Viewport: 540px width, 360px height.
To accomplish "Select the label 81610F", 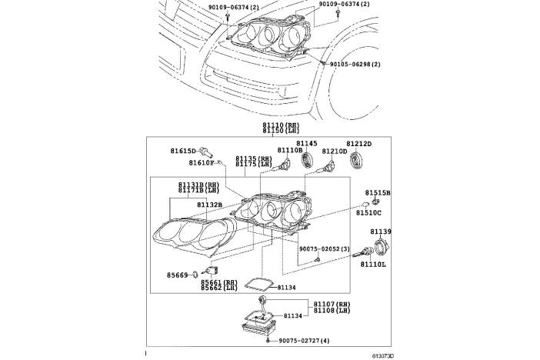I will pos(202,162).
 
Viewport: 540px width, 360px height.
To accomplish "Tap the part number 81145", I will pos(308,144).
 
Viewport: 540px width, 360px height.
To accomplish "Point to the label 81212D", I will pos(358,144).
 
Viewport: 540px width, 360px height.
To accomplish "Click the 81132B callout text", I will pos(208,205).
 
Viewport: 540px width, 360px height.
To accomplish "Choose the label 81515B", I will pos(378,192).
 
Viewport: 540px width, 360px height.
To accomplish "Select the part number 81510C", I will pos(368,212).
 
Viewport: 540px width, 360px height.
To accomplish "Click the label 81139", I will pos(381,232).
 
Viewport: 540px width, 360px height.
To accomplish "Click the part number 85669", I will pos(178,274).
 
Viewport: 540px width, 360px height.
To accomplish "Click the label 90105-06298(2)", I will pos(355,64).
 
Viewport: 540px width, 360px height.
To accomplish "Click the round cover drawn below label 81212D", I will pos(357,162).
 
